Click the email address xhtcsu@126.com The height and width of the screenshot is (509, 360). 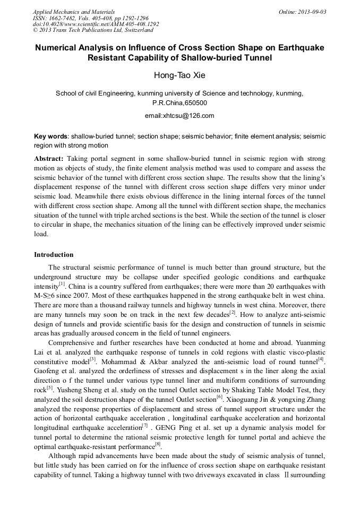coord(179,116)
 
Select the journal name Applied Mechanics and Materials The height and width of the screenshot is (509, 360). coord(73,12)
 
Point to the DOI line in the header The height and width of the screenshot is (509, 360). coord(96,24)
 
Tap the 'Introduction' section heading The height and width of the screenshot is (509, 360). coord(54,255)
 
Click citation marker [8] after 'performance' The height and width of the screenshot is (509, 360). coord(157,444)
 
